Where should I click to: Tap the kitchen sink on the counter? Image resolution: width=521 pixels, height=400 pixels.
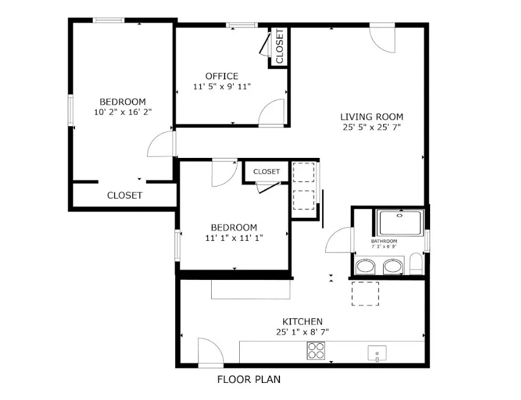[377, 353]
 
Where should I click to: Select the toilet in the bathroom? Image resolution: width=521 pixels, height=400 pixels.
[416, 263]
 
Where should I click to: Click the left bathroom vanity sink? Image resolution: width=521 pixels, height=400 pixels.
[366, 266]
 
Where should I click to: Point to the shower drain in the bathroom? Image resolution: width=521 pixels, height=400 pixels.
[400, 215]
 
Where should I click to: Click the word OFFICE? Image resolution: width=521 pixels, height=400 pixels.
[221, 76]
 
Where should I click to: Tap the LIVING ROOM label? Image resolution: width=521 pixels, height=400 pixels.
[372, 116]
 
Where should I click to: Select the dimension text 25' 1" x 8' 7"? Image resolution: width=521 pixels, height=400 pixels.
[302, 332]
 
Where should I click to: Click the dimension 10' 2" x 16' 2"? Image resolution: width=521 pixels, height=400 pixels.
[123, 112]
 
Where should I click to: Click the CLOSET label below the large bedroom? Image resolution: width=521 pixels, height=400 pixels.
[124, 196]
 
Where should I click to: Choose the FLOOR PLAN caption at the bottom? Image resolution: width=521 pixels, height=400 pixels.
[249, 379]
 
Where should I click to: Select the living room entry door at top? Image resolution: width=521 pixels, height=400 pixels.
[383, 38]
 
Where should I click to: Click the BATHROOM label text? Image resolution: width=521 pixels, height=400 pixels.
[384, 241]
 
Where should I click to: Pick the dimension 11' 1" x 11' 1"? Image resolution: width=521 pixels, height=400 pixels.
[234, 238]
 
